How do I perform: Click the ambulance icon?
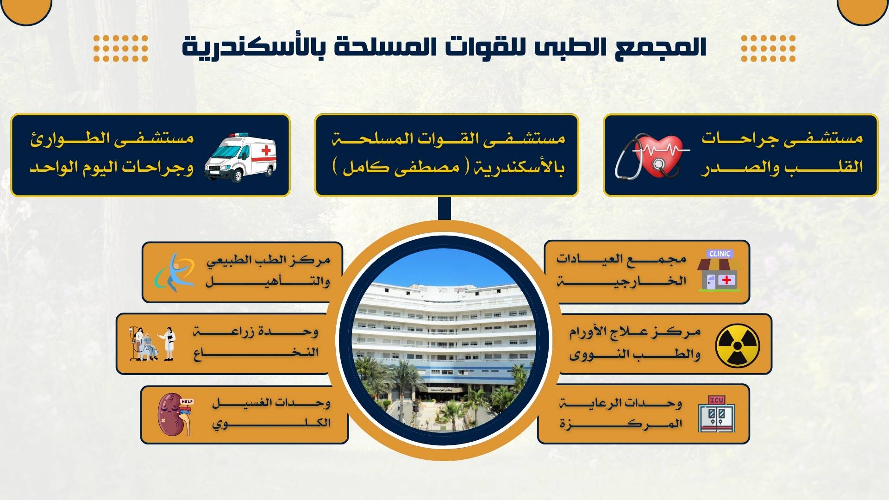point(240,157)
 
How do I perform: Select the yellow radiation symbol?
point(738,345)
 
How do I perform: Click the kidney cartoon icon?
point(175,414)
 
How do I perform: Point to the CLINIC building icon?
point(719,271)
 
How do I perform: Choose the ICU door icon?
point(717,414)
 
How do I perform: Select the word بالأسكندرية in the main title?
point(252,47)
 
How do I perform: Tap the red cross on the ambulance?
point(266,151)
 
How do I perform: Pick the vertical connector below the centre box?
point(444,209)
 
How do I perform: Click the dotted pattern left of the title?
point(120,48)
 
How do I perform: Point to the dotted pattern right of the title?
point(768,48)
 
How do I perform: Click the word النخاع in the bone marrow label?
point(256,353)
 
